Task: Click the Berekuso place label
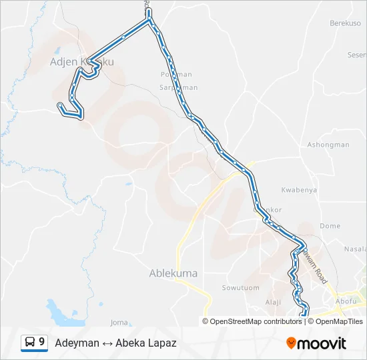tap(344, 23)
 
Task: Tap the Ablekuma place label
tap(169, 273)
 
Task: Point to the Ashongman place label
tap(328, 145)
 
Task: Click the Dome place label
tap(330, 226)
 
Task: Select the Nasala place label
tap(355, 249)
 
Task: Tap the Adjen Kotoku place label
tap(81, 62)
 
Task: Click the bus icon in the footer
tap(31, 342)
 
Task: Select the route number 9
tap(42, 342)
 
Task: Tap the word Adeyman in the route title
tap(75, 343)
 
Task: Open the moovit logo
tap(316, 343)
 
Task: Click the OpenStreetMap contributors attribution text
tap(256, 321)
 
